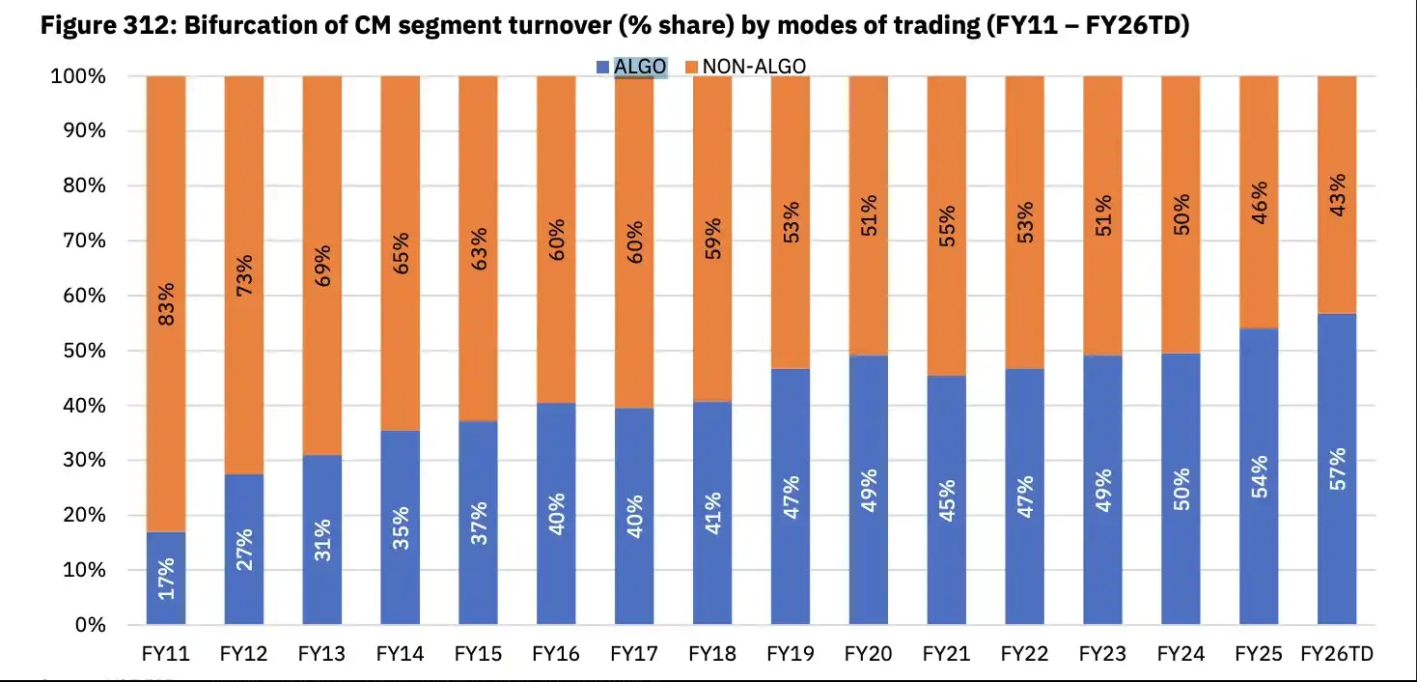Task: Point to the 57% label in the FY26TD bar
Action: coord(1337,469)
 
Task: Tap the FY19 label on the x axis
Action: coord(790,654)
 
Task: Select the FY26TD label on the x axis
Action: coord(1337,654)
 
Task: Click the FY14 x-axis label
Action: coord(400,654)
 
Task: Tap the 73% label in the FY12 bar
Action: coord(244,275)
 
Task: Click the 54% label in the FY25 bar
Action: coord(1259,475)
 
